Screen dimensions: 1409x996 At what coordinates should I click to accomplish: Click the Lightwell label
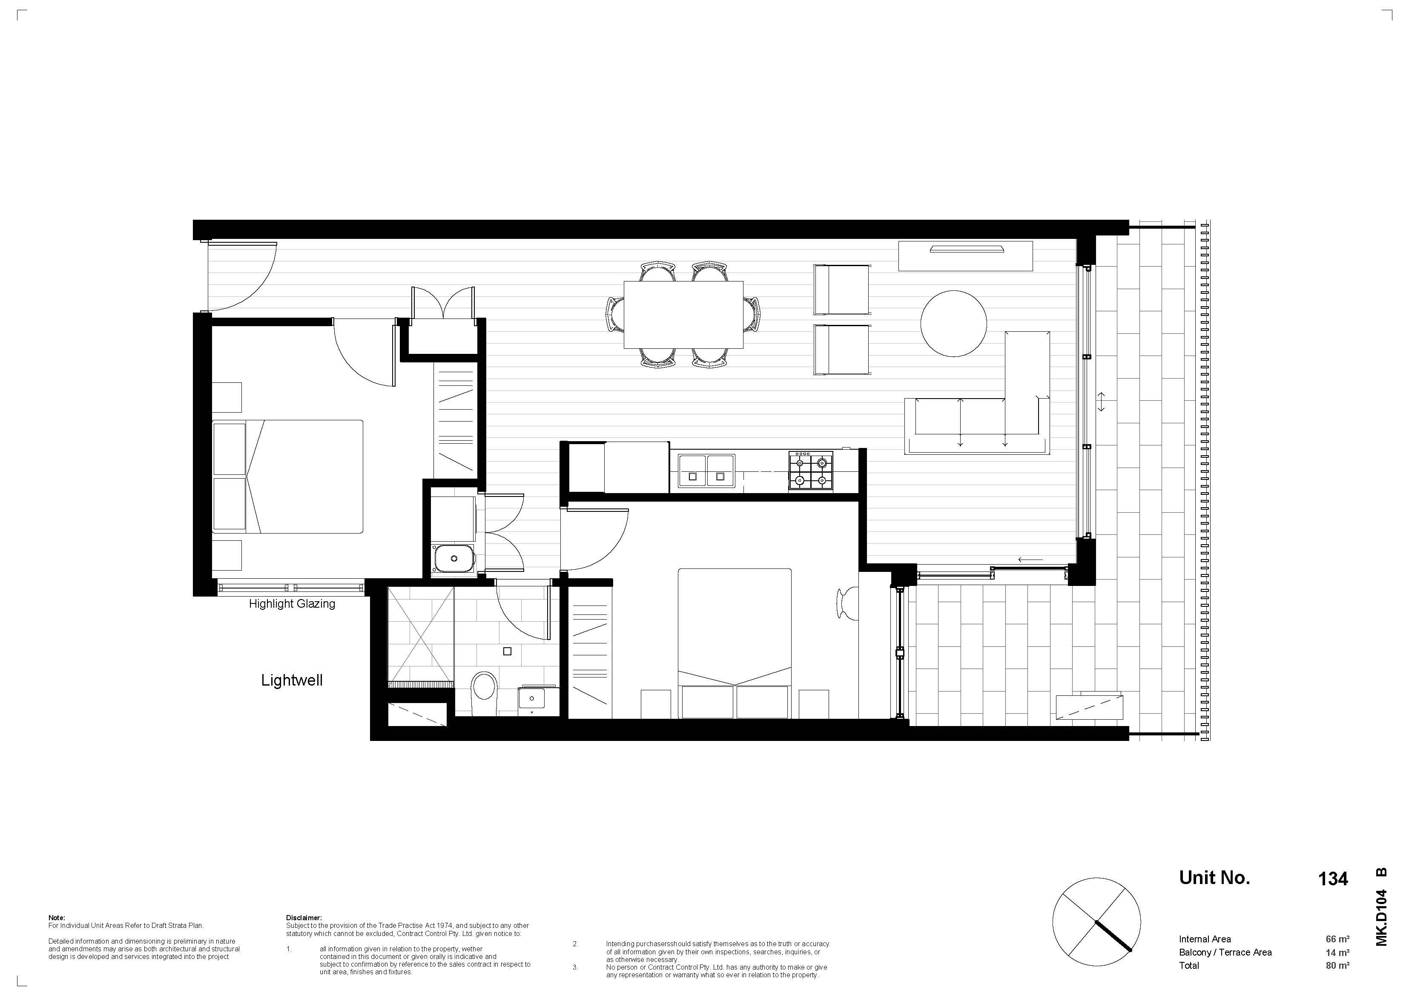point(292,680)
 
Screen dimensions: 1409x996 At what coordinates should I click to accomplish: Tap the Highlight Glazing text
point(292,604)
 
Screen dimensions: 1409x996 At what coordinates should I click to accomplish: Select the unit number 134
point(1333,879)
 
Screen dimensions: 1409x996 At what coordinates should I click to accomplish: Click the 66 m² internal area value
point(1337,939)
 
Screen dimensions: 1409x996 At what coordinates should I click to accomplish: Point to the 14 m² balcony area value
point(1337,953)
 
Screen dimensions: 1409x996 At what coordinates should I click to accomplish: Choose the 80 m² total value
point(1337,965)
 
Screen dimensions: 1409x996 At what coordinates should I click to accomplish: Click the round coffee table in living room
point(954,323)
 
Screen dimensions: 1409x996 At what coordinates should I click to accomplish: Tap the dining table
point(683,315)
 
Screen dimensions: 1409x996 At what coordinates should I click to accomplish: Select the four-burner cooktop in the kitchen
point(811,471)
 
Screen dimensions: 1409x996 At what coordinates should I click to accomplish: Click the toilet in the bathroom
point(484,693)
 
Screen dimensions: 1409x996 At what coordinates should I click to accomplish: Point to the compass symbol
point(1096,922)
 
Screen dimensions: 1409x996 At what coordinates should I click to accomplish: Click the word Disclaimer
point(304,918)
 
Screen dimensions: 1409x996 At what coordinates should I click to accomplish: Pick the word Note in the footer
point(57,918)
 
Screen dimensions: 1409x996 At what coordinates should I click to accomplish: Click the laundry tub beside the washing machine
point(453,558)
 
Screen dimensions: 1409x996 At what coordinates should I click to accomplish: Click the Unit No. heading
point(1214,878)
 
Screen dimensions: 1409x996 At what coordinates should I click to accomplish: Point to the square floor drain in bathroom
point(507,651)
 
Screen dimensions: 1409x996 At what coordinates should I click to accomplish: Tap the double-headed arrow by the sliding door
point(1102,402)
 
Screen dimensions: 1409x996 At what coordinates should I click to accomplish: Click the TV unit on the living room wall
point(965,256)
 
